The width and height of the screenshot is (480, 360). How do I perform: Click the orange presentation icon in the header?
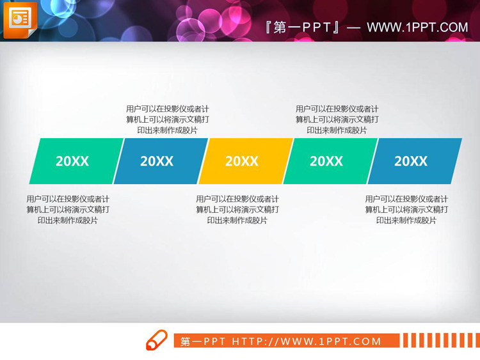point(20,19)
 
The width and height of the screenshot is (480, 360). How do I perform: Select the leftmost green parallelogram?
point(76,161)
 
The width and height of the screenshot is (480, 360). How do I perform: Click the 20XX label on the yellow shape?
point(242,161)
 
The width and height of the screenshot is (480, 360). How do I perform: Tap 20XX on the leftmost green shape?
point(72,161)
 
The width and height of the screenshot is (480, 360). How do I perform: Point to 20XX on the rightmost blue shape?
point(411,161)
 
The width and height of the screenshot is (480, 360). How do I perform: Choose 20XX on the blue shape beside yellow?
point(157,161)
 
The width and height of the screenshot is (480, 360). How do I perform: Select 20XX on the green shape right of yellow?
point(326,161)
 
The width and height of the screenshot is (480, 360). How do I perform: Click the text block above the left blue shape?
point(168,120)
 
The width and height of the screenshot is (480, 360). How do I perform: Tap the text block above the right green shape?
point(337,120)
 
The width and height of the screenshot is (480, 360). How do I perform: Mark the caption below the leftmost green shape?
point(68,210)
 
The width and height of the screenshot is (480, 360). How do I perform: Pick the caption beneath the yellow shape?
point(237,210)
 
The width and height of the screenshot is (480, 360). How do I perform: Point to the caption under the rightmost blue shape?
point(406,210)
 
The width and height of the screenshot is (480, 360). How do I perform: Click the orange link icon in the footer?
point(157,340)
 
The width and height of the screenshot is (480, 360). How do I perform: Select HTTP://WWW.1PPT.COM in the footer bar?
point(307,341)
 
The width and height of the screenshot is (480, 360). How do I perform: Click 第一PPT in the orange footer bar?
point(203,341)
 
